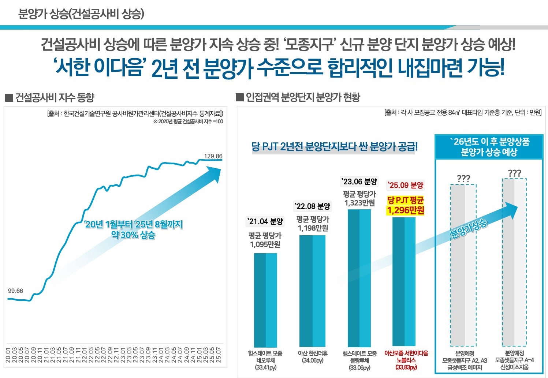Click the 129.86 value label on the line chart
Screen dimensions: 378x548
[213, 156]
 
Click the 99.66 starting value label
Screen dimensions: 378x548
[15, 291]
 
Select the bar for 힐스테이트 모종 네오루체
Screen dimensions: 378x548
[265, 300]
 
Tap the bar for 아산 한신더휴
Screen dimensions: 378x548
[312, 291]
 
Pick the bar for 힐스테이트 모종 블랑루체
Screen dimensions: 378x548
[359, 278]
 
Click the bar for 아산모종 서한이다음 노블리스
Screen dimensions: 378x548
[404, 282]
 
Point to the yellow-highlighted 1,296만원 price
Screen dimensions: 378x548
[406, 210]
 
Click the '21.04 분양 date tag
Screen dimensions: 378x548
[265, 221]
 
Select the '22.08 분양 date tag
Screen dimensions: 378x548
[312, 206]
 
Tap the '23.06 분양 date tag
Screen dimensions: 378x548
[359, 182]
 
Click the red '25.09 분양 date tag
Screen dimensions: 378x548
[406, 185]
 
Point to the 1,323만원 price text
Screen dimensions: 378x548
[359, 203]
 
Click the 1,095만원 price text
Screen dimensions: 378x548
[265, 244]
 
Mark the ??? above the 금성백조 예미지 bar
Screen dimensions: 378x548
[463, 179]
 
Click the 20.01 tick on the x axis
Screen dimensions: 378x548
[8, 355]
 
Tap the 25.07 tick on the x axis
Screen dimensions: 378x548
[219, 355]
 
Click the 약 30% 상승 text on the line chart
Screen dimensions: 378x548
[133, 235]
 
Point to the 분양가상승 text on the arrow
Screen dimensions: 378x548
[469, 229]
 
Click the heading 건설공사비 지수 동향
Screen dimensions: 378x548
[55, 98]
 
